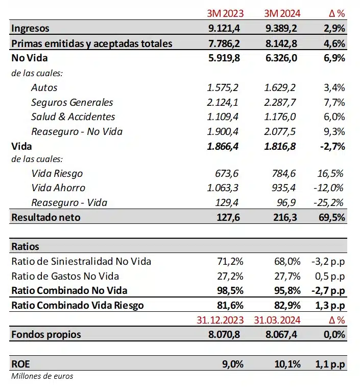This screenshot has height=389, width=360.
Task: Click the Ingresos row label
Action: click(x=30, y=29)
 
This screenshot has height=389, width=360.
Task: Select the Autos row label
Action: click(x=44, y=87)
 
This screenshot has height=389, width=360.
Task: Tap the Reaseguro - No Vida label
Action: click(x=77, y=131)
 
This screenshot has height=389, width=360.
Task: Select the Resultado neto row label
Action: click(x=45, y=217)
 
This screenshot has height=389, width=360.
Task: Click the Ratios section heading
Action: click(x=25, y=246)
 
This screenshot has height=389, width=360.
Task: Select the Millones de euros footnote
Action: click(x=42, y=376)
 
